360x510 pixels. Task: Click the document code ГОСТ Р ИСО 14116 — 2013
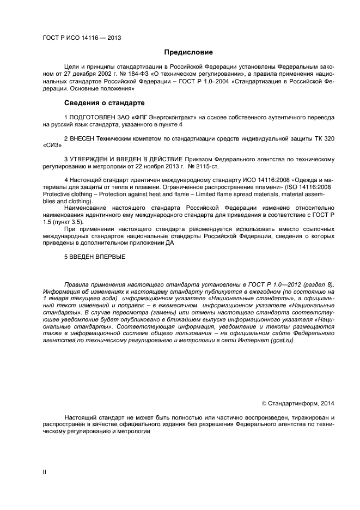pos(82,38)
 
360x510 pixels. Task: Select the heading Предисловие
pos(188,52)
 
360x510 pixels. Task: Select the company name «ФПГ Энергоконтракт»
pos(155,117)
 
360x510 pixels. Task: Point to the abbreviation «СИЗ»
pos(52,145)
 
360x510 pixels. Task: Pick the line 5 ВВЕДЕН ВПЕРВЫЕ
pos(94,256)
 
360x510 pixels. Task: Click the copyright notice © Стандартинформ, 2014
pos(298,403)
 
